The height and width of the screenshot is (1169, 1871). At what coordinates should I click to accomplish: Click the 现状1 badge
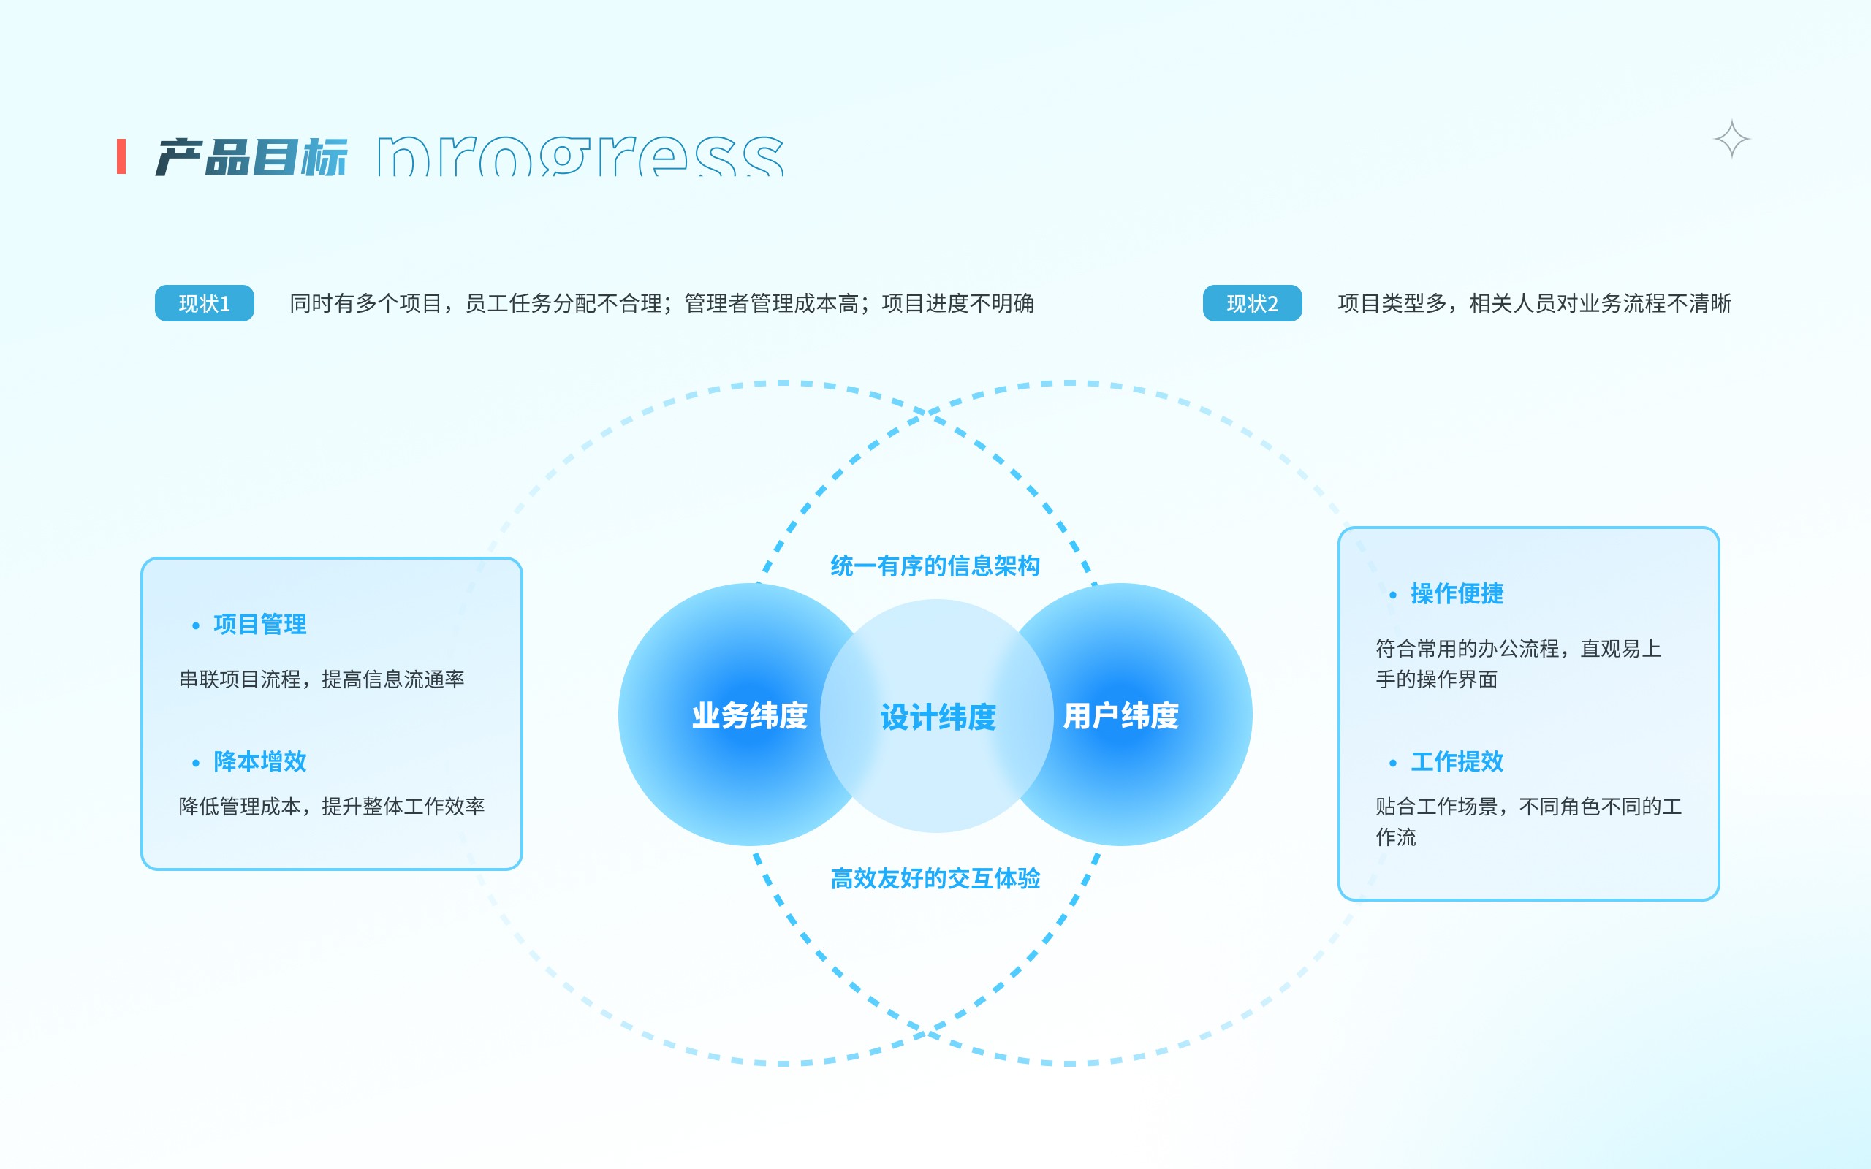pyautogui.click(x=204, y=303)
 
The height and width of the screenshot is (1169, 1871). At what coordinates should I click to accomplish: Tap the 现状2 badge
pyautogui.click(x=1252, y=303)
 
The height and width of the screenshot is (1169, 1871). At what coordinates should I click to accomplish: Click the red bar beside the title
pyautogui.click(x=121, y=156)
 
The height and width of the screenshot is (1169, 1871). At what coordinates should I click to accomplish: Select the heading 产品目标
pyautogui.click(x=251, y=157)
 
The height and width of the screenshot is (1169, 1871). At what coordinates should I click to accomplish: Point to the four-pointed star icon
pyautogui.click(x=1731, y=139)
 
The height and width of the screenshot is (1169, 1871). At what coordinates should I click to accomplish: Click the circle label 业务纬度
pyautogui.click(x=748, y=715)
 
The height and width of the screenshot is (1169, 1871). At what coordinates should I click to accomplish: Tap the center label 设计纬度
pyautogui.click(x=937, y=717)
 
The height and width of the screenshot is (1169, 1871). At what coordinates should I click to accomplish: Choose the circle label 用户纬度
pyautogui.click(x=1120, y=715)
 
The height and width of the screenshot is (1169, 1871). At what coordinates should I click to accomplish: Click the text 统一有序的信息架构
pyautogui.click(x=935, y=566)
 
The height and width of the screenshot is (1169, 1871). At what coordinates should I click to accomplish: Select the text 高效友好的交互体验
pyautogui.click(x=935, y=878)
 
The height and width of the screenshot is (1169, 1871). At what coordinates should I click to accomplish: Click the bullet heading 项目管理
pyautogui.click(x=259, y=624)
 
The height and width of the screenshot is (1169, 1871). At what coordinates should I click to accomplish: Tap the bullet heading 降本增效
pyautogui.click(x=259, y=761)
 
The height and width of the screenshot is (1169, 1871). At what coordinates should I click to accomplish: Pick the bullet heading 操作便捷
pyautogui.click(x=1457, y=593)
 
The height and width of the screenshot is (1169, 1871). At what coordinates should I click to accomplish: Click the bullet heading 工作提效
pyautogui.click(x=1457, y=761)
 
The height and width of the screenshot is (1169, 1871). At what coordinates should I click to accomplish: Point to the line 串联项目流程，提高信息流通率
pyautogui.click(x=322, y=679)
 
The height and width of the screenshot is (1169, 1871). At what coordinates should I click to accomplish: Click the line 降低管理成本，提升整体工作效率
pyautogui.click(x=331, y=807)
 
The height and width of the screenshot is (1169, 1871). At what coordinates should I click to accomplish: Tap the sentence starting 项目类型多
pyautogui.click(x=1534, y=303)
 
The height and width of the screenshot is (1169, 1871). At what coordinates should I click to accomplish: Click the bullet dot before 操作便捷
pyautogui.click(x=1392, y=595)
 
